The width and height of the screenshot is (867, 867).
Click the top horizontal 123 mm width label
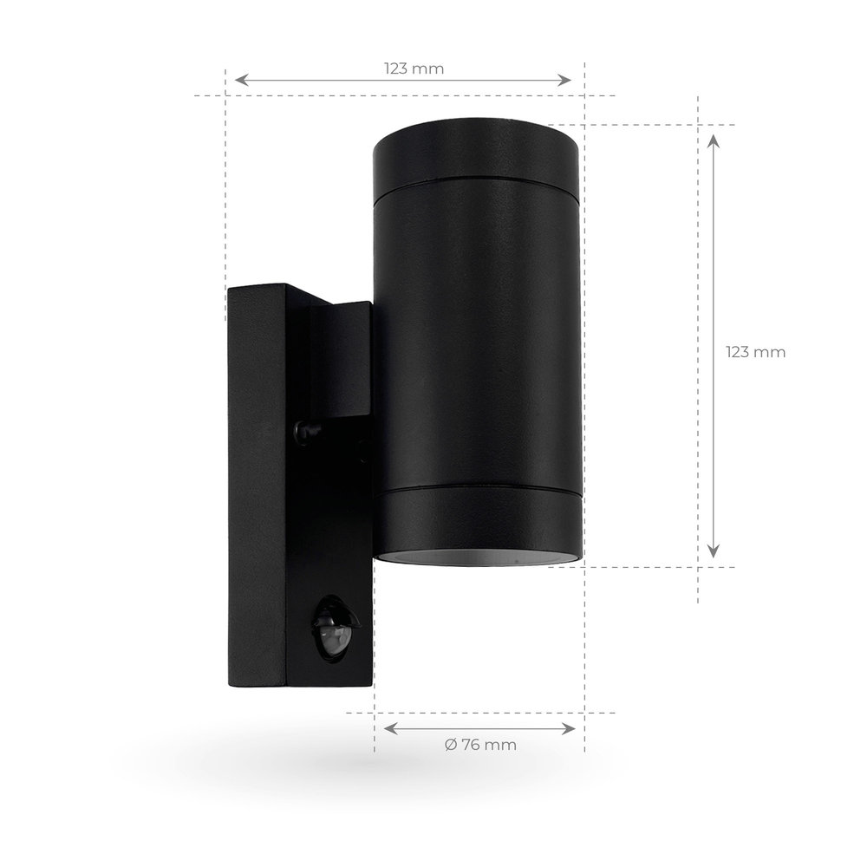(414, 69)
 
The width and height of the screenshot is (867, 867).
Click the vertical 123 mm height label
(755, 352)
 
